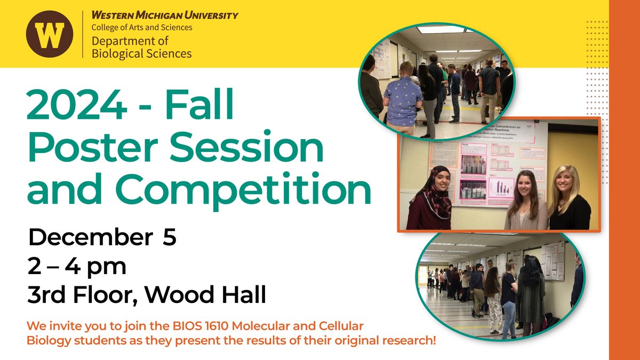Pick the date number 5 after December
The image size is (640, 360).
(x=169, y=237)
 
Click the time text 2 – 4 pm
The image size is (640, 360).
(x=77, y=266)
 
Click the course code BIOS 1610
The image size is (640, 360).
(x=211, y=325)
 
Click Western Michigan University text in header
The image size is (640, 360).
(x=165, y=15)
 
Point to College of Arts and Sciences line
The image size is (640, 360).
(x=142, y=27)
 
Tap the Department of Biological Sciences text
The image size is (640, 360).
(x=141, y=47)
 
